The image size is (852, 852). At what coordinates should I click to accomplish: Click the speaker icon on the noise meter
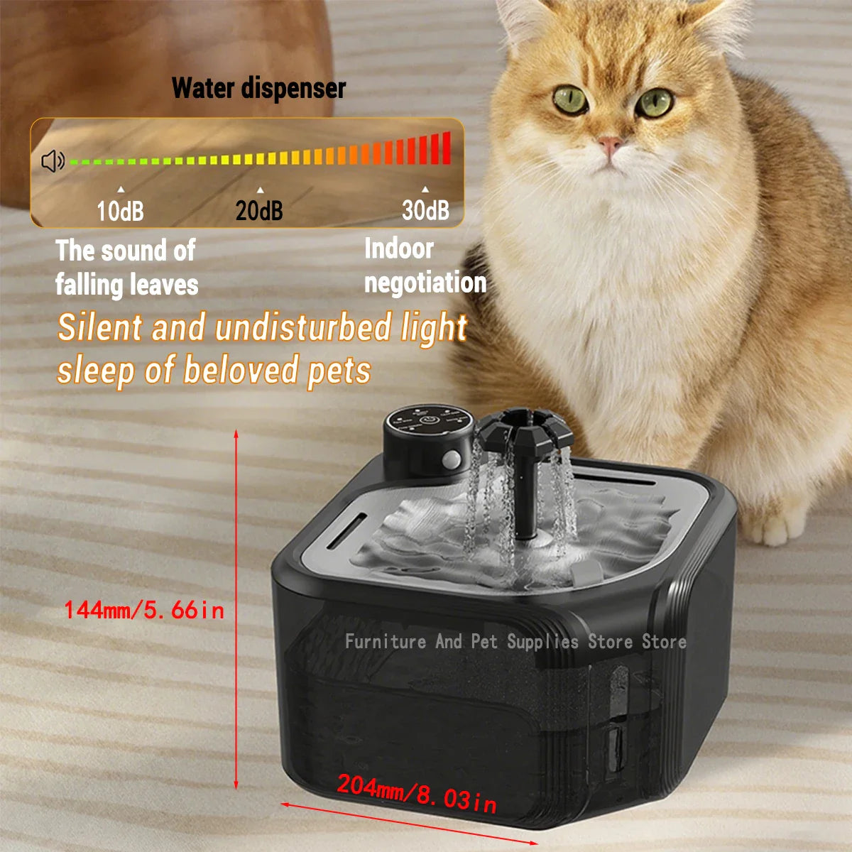53,162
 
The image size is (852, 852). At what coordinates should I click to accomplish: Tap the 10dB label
120,211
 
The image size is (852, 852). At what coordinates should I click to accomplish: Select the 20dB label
259,211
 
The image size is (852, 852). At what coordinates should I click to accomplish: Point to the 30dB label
425,210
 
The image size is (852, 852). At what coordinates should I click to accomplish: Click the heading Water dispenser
258,89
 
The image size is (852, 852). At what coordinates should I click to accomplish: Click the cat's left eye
570,100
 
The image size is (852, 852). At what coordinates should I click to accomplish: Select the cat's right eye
654,103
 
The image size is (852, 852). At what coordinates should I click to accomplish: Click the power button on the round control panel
428,420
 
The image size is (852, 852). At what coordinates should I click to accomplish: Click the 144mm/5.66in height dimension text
144,610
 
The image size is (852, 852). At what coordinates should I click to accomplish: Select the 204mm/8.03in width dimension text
417,793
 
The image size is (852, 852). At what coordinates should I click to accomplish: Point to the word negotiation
425,283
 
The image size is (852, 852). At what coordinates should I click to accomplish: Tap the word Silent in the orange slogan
100,329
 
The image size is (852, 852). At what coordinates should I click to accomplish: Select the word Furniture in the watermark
386,642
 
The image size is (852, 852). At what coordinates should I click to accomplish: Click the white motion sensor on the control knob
449,460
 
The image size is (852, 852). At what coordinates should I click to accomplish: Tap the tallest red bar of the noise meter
446,148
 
